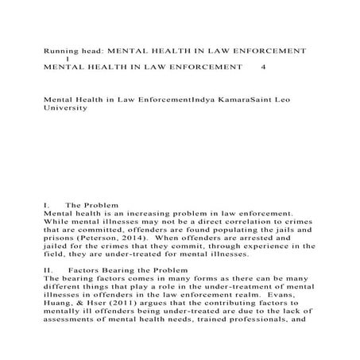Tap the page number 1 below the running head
point(68,59)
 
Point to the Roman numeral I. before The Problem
point(47,205)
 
